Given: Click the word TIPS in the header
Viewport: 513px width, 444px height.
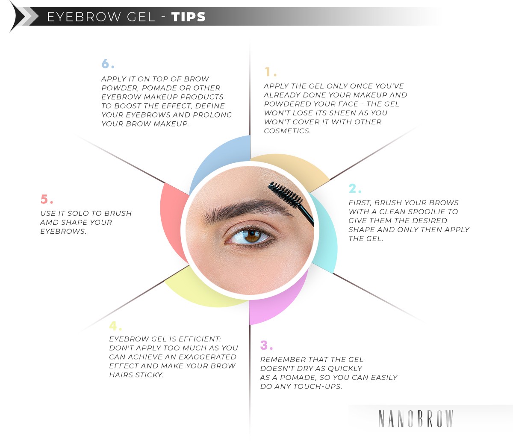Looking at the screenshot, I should click(x=189, y=17).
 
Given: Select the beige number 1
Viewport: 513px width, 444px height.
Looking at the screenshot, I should click(x=268, y=71).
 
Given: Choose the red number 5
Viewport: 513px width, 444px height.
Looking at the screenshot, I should click(x=44, y=200).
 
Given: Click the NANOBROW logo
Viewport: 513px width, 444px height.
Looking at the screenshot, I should click(x=416, y=419).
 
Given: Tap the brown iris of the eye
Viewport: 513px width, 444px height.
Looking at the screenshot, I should click(x=252, y=235).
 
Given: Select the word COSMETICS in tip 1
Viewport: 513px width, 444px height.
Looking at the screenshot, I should click(x=287, y=131).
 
